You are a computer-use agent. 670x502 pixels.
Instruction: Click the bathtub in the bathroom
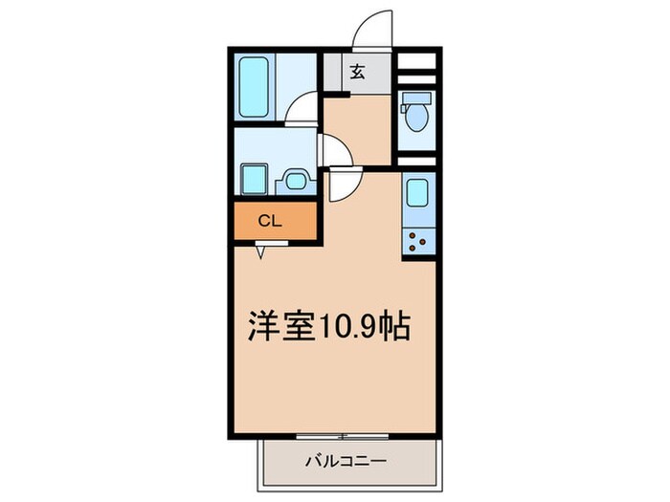254,86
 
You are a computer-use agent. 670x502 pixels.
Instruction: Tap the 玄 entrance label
356,71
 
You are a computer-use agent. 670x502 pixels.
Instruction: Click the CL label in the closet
271,220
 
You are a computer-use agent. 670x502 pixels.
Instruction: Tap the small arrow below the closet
263,252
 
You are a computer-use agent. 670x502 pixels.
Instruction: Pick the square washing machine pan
254,179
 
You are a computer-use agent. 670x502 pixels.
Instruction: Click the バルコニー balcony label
346,463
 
